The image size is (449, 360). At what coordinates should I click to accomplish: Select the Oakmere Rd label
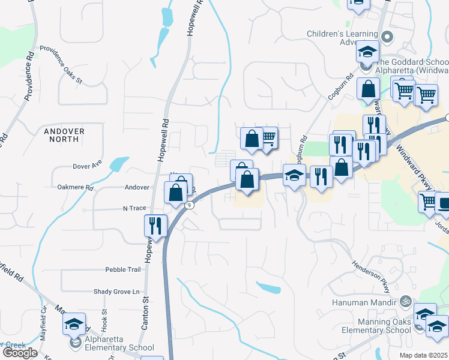[75, 188]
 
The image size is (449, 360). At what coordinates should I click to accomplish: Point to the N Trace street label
[134, 208]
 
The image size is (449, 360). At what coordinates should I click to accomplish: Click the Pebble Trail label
[122, 269]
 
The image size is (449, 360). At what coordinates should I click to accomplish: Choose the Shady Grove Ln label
[120, 292]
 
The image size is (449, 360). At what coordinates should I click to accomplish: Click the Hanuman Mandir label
[368, 302]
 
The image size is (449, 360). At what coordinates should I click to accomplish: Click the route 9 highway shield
[190, 205]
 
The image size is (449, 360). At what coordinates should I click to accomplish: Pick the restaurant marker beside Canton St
[155, 226]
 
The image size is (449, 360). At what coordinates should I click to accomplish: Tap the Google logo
[20, 353]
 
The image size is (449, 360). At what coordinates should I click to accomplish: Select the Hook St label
[104, 320]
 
